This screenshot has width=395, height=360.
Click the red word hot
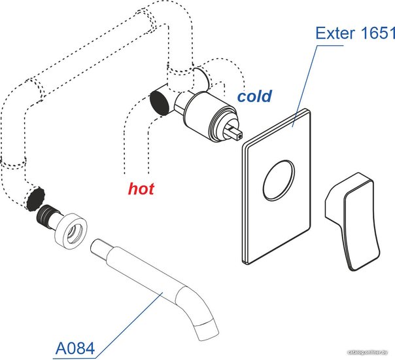(141, 189)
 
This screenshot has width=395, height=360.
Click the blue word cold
(254, 97)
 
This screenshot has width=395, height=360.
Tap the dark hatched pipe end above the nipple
(34, 197)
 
